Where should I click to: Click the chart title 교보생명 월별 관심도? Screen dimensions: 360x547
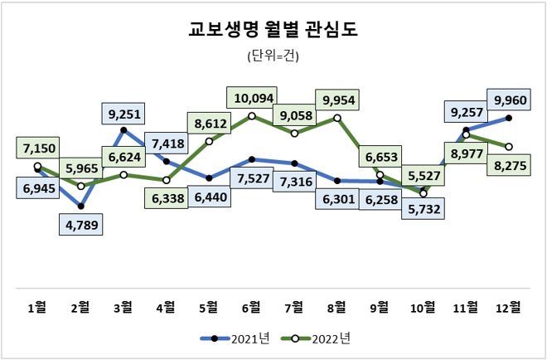pyautogui.click(x=273, y=32)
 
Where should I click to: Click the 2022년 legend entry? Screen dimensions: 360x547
pyautogui.click(x=318, y=338)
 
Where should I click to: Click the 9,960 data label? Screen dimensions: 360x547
pyautogui.click(x=509, y=101)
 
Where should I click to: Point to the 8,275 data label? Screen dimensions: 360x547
pyautogui.click(x=508, y=165)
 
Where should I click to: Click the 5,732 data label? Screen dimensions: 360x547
pyautogui.click(x=424, y=211)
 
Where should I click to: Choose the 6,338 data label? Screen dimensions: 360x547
pyautogui.click(x=166, y=200)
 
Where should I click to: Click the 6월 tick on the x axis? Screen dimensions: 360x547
pyautogui.click(x=251, y=307)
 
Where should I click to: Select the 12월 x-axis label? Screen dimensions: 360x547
pyautogui.click(x=508, y=307)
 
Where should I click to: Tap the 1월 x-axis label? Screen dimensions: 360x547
pyautogui.click(x=37, y=307)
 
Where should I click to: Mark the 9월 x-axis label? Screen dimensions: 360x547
pyautogui.click(x=380, y=307)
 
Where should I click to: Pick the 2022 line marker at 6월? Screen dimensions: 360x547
pyautogui.click(x=252, y=116)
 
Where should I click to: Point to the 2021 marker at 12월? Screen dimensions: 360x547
pyautogui.click(x=508, y=118)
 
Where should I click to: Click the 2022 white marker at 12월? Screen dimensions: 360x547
pyautogui.click(x=508, y=147)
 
